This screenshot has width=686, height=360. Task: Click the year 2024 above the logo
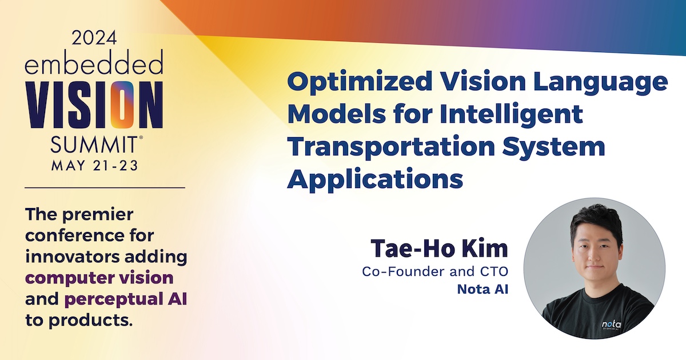(x=94, y=38)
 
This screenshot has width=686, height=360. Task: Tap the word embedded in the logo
(x=94, y=62)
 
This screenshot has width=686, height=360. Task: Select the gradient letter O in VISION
(x=122, y=105)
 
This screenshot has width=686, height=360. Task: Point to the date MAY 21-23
(x=95, y=166)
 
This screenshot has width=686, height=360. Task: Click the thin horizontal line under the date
(x=105, y=187)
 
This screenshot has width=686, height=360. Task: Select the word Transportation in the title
(x=391, y=146)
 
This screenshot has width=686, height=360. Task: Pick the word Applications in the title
(x=375, y=179)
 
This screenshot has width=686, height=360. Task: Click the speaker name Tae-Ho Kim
(x=439, y=248)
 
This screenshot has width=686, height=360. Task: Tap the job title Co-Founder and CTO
(x=435, y=271)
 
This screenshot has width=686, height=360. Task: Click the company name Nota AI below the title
(x=482, y=289)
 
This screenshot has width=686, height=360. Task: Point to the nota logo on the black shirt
(x=611, y=325)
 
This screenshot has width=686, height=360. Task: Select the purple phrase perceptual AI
(x=126, y=299)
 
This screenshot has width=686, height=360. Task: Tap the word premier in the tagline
(x=98, y=215)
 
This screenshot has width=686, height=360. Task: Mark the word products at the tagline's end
(x=91, y=321)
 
